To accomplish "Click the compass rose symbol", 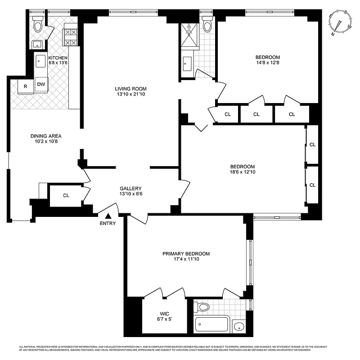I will (x=340, y=22).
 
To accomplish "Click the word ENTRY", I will (x=108, y=224).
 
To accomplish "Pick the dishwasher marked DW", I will (x=41, y=85).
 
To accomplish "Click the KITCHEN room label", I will (x=58, y=58).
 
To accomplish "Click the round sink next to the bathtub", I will (x=240, y=326).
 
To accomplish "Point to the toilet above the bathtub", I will (x=203, y=307).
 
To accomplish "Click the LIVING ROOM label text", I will (x=130, y=89).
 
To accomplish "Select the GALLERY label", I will (x=130, y=189).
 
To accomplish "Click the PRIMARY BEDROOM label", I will (x=186, y=254).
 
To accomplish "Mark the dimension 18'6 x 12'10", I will (x=243, y=171).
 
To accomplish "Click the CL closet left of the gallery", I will (x=66, y=195).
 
